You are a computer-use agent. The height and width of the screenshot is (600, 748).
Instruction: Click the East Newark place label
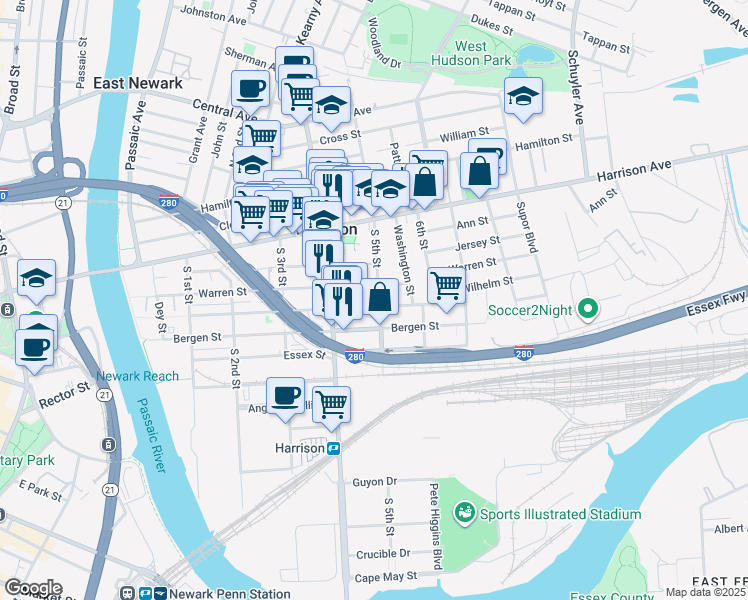[x=138, y=84]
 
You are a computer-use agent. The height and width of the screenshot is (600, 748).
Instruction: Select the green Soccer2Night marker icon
[x=588, y=309]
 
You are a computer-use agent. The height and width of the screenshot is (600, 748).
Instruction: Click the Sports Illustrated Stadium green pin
[x=463, y=514]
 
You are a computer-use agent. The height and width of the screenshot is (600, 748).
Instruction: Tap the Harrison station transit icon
[x=335, y=448]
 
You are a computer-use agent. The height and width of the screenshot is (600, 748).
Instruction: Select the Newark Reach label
[x=137, y=376]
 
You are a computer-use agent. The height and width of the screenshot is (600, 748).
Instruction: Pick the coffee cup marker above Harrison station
[x=286, y=395]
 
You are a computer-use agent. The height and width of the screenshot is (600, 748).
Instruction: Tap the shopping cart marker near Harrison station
[x=331, y=403]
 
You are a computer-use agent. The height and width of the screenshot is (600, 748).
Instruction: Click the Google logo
[x=32, y=588]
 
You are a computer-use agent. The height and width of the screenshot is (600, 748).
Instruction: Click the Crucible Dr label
[x=384, y=553]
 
